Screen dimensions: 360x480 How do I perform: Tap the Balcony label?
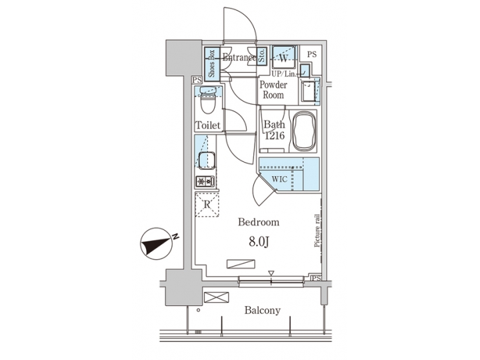coord(262,311)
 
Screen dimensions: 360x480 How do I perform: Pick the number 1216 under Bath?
coord(275,136)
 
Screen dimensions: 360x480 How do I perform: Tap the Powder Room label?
coord(273,90)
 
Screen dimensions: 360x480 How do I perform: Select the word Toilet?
coord(207,125)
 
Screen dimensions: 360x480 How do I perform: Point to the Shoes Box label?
coord(211,63)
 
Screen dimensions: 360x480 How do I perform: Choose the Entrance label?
coord(239,58)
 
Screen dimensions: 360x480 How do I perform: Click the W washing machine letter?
coord(283,58)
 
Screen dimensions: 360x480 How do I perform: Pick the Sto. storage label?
coord(262,55)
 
